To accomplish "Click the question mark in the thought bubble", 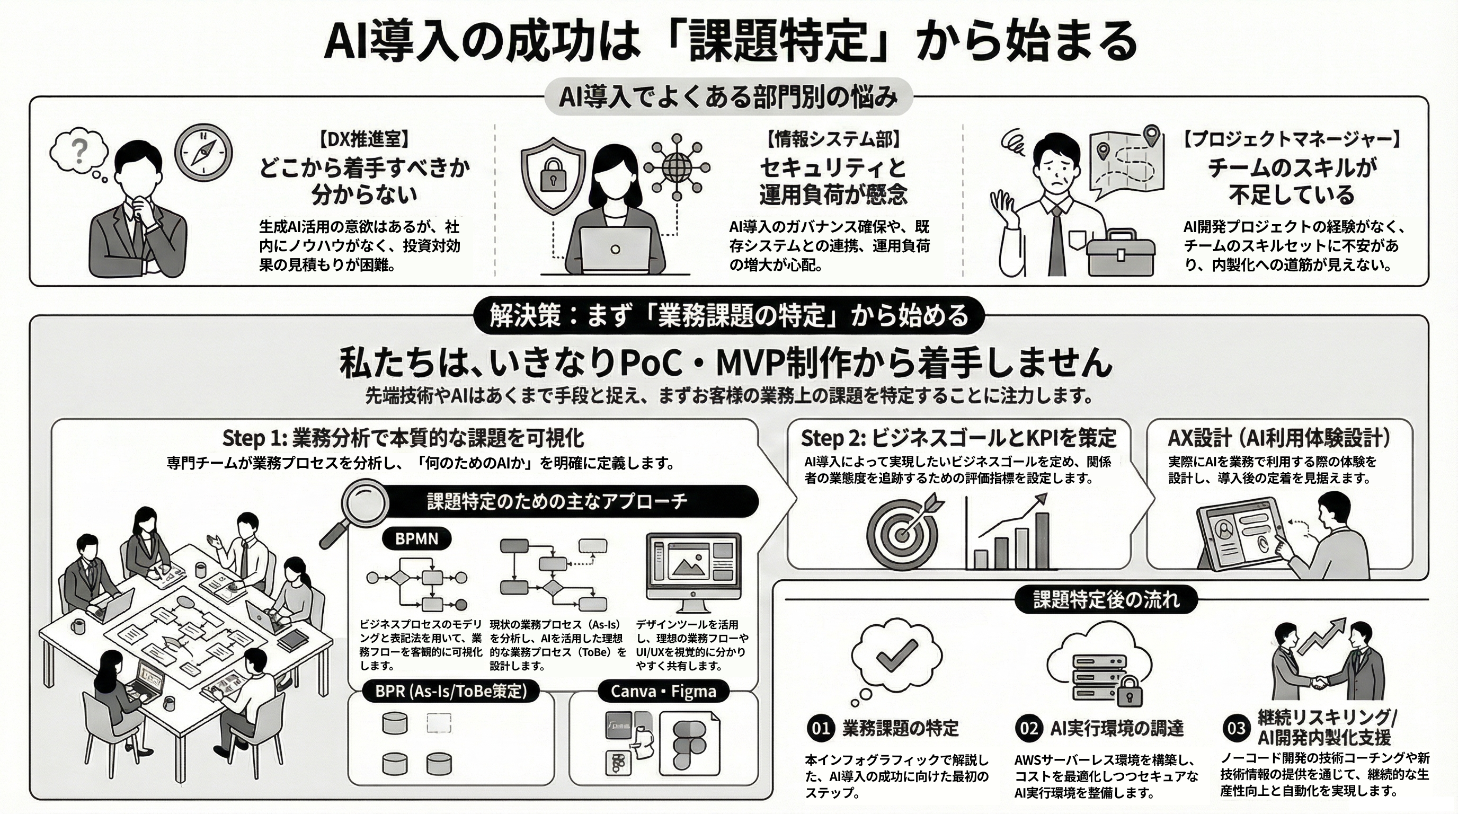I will (81, 151).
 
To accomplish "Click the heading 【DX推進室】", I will (363, 139).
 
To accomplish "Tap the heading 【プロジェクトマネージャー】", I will (1292, 139).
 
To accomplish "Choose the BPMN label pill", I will (416, 538).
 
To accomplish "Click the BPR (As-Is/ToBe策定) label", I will (451, 691).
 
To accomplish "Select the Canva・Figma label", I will (663, 691).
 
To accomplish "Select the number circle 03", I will (1235, 729).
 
